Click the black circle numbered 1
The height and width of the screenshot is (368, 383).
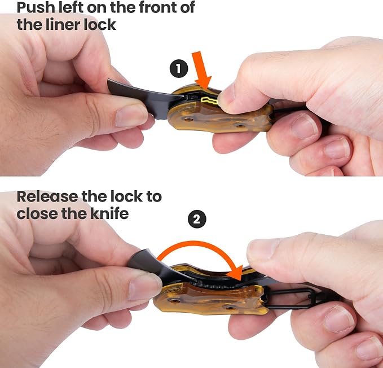pyautogui.click(x=179, y=68)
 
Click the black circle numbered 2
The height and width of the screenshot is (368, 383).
pyautogui.click(x=197, y=219)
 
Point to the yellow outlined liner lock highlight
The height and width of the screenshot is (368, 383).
pyautogui.click(x=209, y=100)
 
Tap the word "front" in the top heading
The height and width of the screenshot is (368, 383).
pyautogui.click(x=156, y=7)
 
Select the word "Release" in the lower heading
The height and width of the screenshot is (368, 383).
pyautogui.click(x=47, y=196)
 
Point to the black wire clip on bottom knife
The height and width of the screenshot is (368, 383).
pyautogui.click(x=288, y=299)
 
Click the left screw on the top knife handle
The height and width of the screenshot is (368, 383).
pyautogui.click(x=188, y=120)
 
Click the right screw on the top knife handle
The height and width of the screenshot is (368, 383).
pyautogui.click(x=240, y=126)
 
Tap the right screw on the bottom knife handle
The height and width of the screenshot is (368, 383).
pyautogui.click(x=230, y=308)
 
